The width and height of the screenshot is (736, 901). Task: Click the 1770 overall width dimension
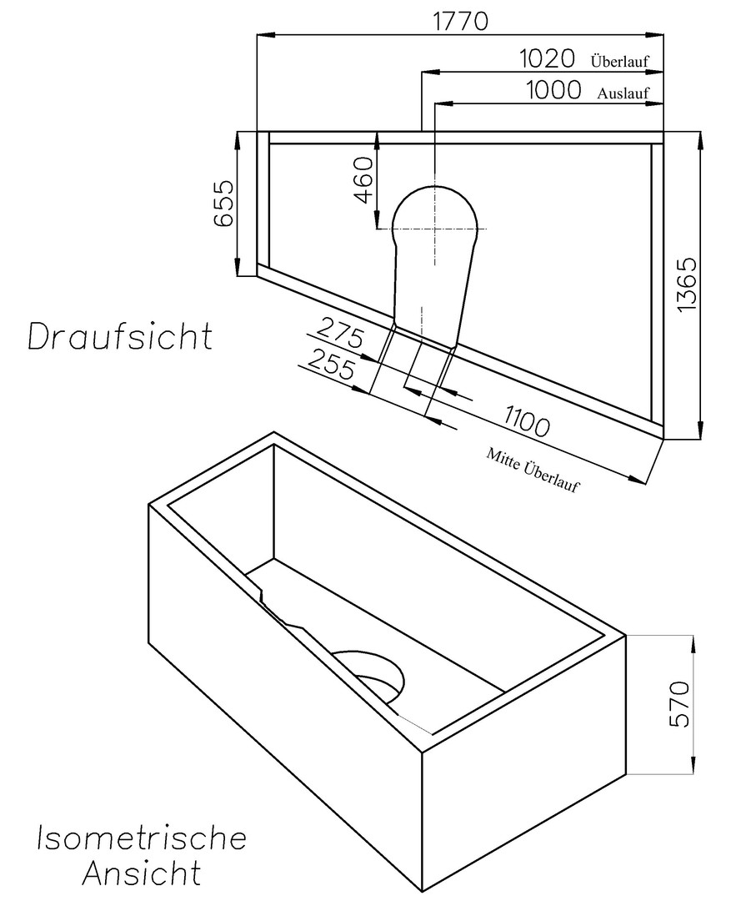coord(460,21)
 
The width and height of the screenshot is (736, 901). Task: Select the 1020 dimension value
coord(547,58)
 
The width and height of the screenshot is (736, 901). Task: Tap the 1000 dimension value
coord(553,90)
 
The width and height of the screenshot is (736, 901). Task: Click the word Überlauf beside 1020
coord(620,61)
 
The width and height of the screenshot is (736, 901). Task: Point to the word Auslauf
coord(623,93)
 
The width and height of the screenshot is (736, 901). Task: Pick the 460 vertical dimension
coord(364,180)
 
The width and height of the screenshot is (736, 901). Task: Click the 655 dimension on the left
coord(223,204)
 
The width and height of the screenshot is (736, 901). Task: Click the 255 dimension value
coord(331,364)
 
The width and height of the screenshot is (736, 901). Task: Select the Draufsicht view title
coord(120,336)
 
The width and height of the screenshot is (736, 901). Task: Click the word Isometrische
coord(142,838)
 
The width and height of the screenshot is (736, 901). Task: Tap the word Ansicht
coord(141,873)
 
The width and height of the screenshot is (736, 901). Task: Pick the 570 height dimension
coord(680,704)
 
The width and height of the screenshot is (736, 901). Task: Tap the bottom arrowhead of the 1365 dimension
coord(700,432)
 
